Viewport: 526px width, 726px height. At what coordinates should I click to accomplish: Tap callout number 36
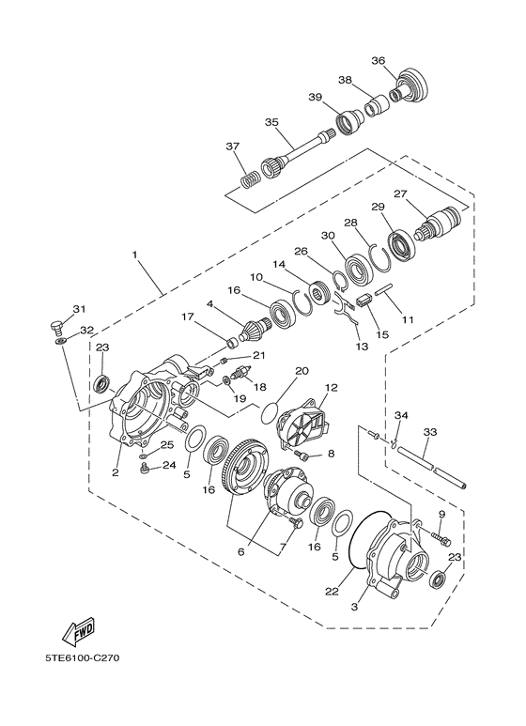coord(378,61)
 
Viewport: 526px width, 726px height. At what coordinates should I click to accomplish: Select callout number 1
coord(135,255)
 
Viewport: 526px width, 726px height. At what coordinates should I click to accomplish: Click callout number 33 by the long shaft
coord(430,433)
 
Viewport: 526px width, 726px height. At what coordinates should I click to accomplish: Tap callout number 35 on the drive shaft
coord(272,122)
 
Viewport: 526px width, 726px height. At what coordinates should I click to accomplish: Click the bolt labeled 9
coord(442,540)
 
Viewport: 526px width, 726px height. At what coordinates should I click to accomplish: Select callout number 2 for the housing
coord(115,472)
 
